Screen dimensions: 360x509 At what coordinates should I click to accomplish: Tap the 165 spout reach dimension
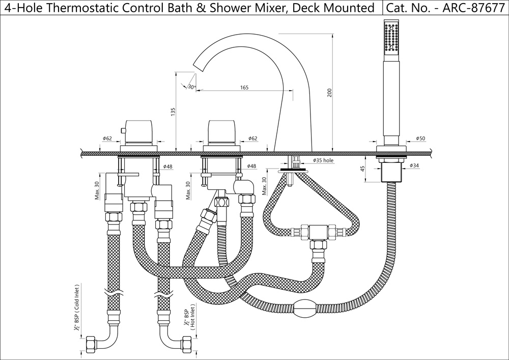coord(244,88)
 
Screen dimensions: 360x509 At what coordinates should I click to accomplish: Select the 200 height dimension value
coord(329,93)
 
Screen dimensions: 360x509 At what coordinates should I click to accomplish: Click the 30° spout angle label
coord(191,87)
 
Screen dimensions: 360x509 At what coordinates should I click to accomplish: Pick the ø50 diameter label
coord(420,139)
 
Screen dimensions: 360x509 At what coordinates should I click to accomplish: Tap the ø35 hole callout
coord(323,160)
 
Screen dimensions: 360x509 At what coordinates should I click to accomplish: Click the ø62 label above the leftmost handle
coord(107,139)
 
